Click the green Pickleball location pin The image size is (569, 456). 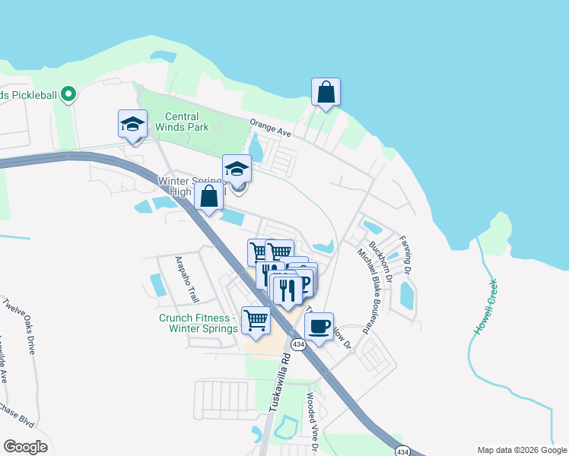coord(68,94)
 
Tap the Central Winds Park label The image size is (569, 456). coord(187,122)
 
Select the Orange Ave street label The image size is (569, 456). coord(271,127)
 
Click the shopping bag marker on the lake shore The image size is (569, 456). coord(326,92)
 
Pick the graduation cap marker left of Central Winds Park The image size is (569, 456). coord(132,124)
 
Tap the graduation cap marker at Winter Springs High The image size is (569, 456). coord(237,169)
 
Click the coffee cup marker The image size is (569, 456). coord(319,327)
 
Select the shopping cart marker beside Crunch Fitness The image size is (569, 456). coord(256,320)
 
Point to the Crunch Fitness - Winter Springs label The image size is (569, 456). coord(194,324)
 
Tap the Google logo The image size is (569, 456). coord(25,446)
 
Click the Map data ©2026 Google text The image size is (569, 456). coord(521,449)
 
